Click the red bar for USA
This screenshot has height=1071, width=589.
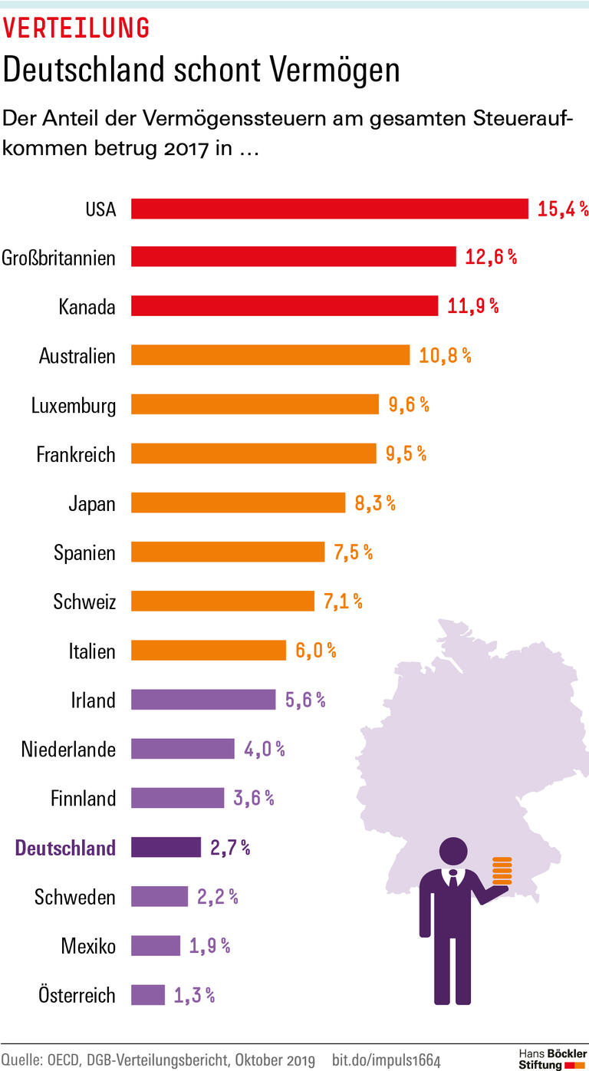pos(330,209)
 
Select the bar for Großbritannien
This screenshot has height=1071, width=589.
pos(294,257)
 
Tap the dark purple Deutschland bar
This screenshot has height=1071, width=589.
pos(166,847)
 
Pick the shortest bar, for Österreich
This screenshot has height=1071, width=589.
pos(148,995)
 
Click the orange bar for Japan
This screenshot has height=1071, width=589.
pos(239,503)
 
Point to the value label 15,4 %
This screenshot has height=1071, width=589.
pos(562,209)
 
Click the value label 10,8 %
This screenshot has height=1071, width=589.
pos(445,356)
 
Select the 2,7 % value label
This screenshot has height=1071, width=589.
pos(230,848)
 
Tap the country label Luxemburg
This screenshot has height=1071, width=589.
pos(74,406)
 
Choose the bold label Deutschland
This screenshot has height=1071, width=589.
pos(66,848)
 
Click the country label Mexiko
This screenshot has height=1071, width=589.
pos(88,946)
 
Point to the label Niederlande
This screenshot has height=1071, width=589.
pos(69,750)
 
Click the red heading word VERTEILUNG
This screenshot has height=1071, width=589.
pos(77,28)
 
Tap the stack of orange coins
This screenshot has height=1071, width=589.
pos(502,871)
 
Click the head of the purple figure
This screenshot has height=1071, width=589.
pos(453,852)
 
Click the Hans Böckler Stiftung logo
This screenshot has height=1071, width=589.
pos(552,1059)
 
